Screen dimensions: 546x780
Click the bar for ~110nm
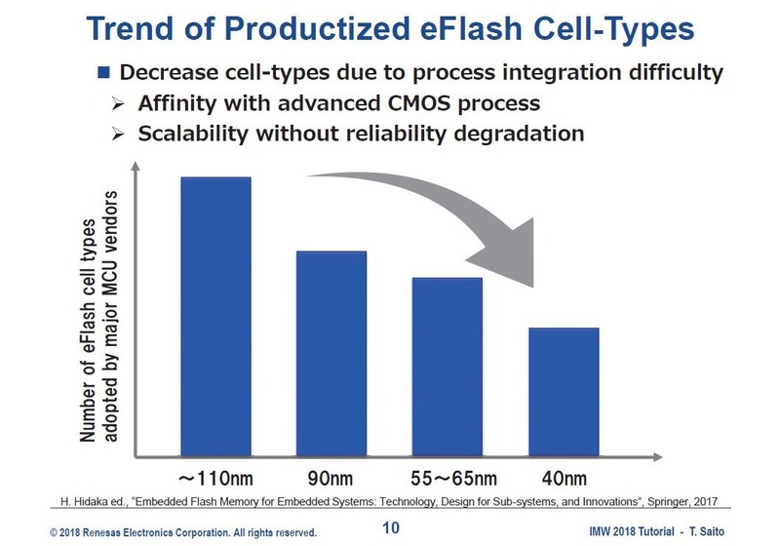point(214,316)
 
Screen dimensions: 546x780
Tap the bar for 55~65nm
point(447,367)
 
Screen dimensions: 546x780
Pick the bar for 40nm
point(564,391)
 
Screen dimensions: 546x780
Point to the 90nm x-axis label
point(331,479)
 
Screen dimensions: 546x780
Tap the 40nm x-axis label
point(563,479)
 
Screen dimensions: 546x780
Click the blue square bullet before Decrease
point(103,73)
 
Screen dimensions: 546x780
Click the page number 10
point(390,529)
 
